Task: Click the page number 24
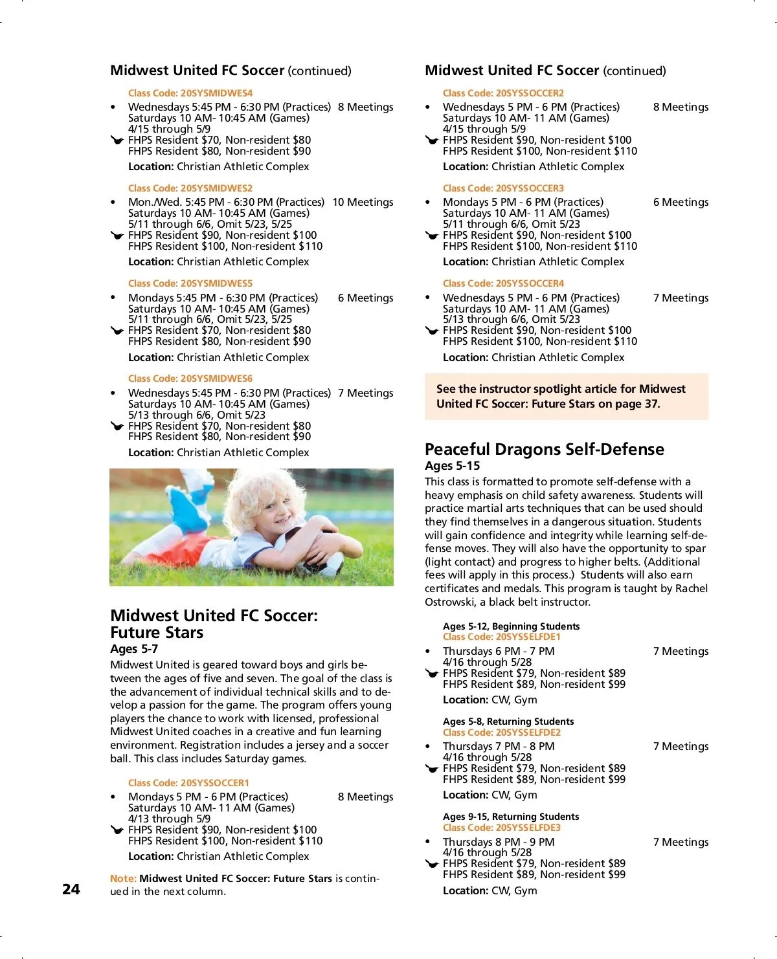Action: pyautogui.click(x=71, y=889)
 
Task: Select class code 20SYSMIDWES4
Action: pyautogui.click(x=190, y=93)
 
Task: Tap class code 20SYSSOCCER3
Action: pyautogui.click(x=503, y=188)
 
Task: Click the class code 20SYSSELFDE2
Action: pyautogui.click(x=502, y=733)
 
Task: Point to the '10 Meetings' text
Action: pyautogui.click(x=363, y=203)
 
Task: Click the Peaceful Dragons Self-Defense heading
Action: pyautogui.click(x=544, y=449)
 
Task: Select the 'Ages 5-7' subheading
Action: pyautogui.click(x=134, y=649)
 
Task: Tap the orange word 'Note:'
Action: pyautogui.click(x=123, y=879)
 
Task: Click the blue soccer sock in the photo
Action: pyautogui.click(x=188, y=511)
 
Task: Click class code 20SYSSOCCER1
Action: pyautogui.click(x=188, y=783)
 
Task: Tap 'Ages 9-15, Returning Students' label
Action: pyautogui.click(x=511, y=817)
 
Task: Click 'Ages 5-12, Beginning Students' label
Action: pyautogui.click(x=511, y=626)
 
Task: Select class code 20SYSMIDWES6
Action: pyautogui.click(x=190, y=379)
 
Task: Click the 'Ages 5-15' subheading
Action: pyautogui.click(x=452, y=466)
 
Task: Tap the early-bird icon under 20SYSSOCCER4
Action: pyautogui.click(x=432, y=331)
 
